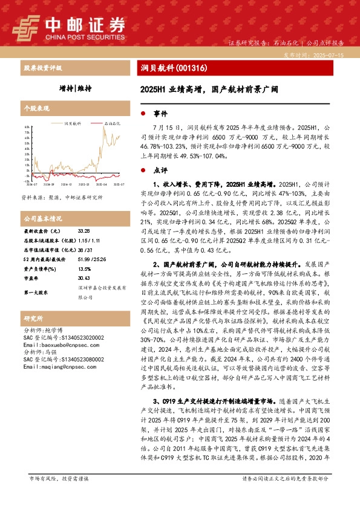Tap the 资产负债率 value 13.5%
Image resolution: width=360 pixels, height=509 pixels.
(x=84, y=251)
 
